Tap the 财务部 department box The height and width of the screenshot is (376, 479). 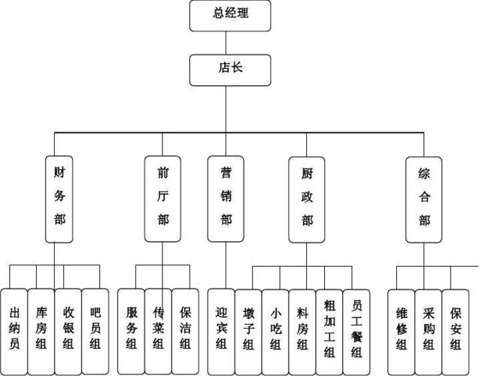coord(60,199)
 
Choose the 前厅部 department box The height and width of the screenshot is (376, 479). coord(162,199)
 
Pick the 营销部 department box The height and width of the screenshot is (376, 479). coord(226,199)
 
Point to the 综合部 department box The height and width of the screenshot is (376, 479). coord(423,199)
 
